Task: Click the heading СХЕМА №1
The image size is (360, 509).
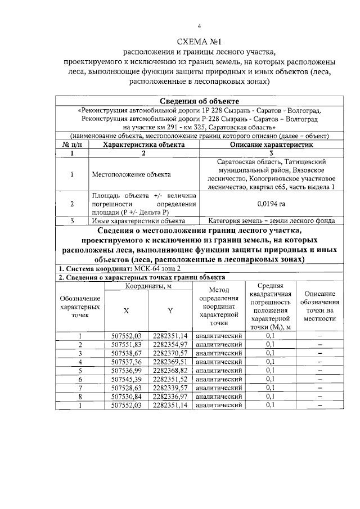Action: pos(200,42)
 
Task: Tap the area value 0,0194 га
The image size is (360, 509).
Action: pos(271,204)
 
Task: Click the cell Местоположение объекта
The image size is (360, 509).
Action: pos(131,174)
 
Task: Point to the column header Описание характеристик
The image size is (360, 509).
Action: pos(271,145)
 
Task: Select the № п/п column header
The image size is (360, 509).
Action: pos(72,145)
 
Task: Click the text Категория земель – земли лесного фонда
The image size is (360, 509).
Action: pos(271,221)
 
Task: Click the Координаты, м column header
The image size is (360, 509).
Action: pos(148,287)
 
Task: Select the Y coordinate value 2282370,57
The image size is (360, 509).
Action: pos(170,353)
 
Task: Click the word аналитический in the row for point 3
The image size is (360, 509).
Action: pos(219,353)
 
